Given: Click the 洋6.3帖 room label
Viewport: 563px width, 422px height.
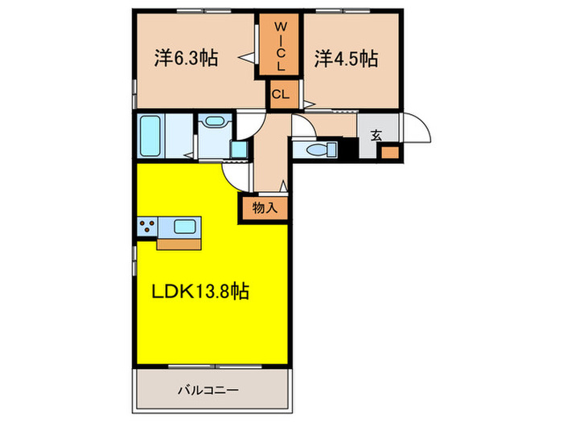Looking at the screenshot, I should click(187, 59).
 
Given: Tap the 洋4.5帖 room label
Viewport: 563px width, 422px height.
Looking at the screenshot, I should click(347, 59).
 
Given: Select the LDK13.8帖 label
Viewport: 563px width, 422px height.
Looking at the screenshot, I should click(201, 291).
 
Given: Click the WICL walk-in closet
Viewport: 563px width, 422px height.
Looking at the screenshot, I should click(279, 45).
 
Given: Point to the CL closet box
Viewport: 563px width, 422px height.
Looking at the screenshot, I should click(280, 95).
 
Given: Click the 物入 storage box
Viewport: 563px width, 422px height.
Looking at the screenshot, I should click(265, 207).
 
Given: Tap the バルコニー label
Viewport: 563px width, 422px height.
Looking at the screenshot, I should click(208, 391).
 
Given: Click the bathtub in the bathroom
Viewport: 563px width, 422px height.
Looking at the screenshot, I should click(151, 136).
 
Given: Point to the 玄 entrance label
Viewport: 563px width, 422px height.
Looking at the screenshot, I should click(376, 135).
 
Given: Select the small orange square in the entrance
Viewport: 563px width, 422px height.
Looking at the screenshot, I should click(389, 152).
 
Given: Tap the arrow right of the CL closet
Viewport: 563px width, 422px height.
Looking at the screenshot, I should click(306, 102).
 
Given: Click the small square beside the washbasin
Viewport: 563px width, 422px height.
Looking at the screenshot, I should click(239, 150).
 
